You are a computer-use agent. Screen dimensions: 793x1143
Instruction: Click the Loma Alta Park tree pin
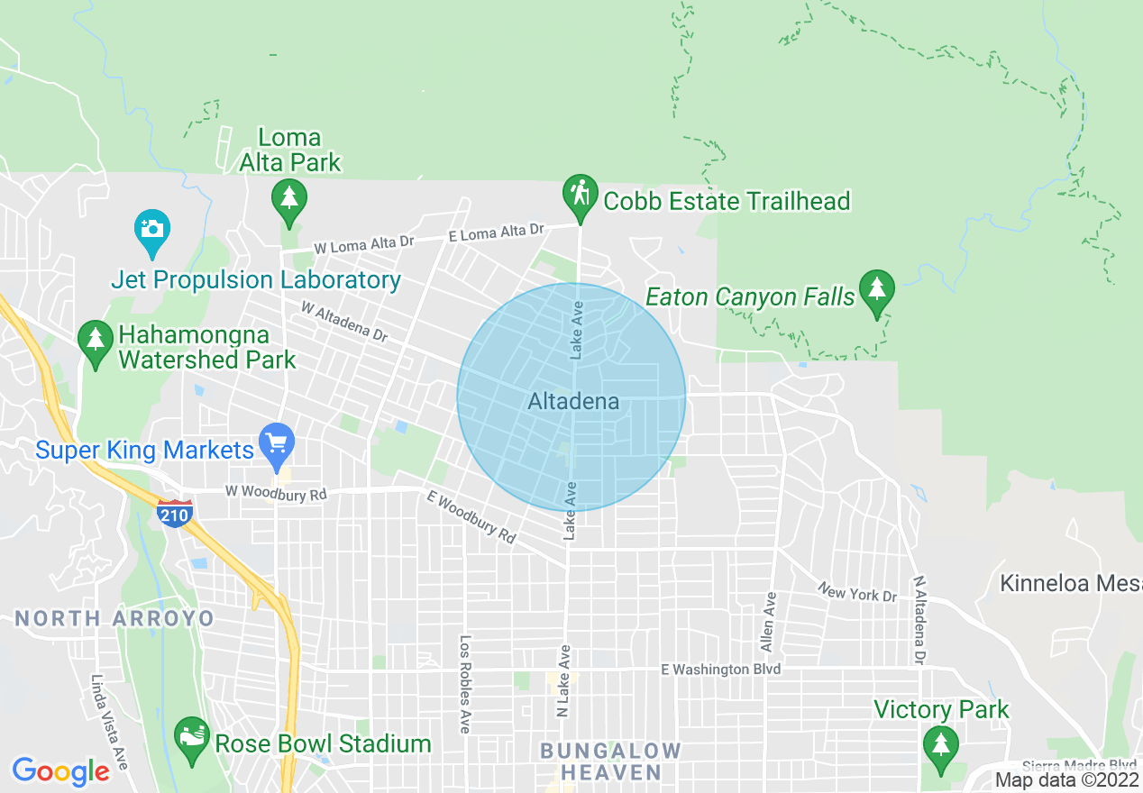288,198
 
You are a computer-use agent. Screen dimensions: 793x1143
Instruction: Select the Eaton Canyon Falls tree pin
875,291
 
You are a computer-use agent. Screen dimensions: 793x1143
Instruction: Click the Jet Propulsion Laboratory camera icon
152,230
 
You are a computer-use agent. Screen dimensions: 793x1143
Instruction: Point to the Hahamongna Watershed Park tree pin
94,342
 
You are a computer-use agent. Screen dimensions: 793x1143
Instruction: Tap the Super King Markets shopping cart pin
277,443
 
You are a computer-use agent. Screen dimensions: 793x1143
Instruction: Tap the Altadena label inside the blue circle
573,402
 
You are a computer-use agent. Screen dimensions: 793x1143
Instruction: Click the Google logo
60,771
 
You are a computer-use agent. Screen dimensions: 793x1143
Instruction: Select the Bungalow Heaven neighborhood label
610,761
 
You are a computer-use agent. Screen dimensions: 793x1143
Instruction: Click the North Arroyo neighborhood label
114,618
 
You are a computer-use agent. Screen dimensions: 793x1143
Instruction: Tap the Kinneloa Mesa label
1070,583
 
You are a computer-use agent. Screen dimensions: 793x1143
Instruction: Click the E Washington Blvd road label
720,670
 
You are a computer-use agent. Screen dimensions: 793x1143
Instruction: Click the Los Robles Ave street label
465,684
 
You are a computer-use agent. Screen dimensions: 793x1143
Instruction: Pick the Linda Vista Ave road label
109,721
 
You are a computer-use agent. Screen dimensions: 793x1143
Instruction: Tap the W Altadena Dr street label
344,322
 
